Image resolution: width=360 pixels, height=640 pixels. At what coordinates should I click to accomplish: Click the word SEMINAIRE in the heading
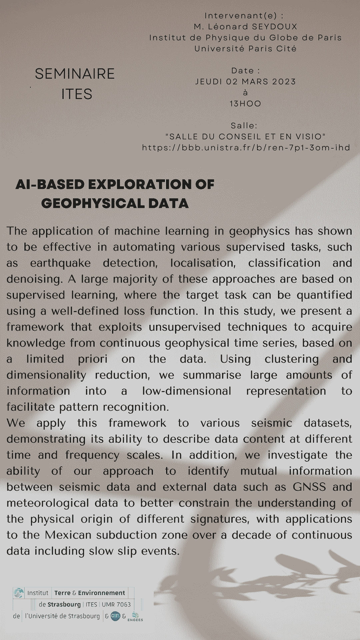pos(75,74)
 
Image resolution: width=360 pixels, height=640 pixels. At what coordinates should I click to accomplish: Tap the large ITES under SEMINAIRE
pos(77,94)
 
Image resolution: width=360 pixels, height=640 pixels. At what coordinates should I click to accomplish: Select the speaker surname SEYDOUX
pos(275,27)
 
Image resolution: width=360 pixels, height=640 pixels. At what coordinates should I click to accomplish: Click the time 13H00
pos(245,104)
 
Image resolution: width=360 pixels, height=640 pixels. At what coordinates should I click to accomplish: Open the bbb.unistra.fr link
pos(246,148)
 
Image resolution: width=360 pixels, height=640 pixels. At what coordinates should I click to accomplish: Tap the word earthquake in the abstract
pos(60,263)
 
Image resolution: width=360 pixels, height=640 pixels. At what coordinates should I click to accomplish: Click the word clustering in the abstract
pos(292,359)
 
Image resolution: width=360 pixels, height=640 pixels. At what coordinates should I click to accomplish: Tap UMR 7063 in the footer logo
pos(116,604)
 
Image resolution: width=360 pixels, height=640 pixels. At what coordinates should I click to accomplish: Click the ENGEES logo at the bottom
pos(135,617)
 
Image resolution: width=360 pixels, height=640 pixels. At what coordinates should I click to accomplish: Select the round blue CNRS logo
pos(115,616)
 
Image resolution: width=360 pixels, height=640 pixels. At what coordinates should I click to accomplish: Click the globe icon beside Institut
pos(19,593)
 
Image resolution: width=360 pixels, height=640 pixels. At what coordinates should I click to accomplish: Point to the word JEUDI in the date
pos(209,82)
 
